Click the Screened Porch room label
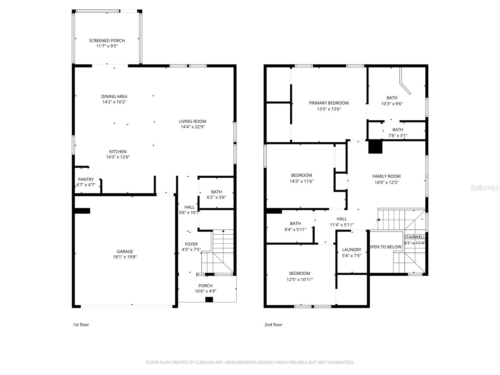click(x=107, y=41)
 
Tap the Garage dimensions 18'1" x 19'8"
click(x=125, y=257)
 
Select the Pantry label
click(x=86, y=179)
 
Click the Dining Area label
click(x=114, y=97)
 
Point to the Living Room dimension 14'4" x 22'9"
click(x=192, y=127)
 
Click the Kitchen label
click(x=118, y=152)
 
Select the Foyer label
click(x=191, y=244)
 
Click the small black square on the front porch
click(x=209, y=300)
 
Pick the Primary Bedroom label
click(x=329, y=103)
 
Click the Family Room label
click(x=386, y=176)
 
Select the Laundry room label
click(x=352, y=249)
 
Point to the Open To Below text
click(x=386, y=247)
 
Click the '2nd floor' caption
click(x=273, y=324)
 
